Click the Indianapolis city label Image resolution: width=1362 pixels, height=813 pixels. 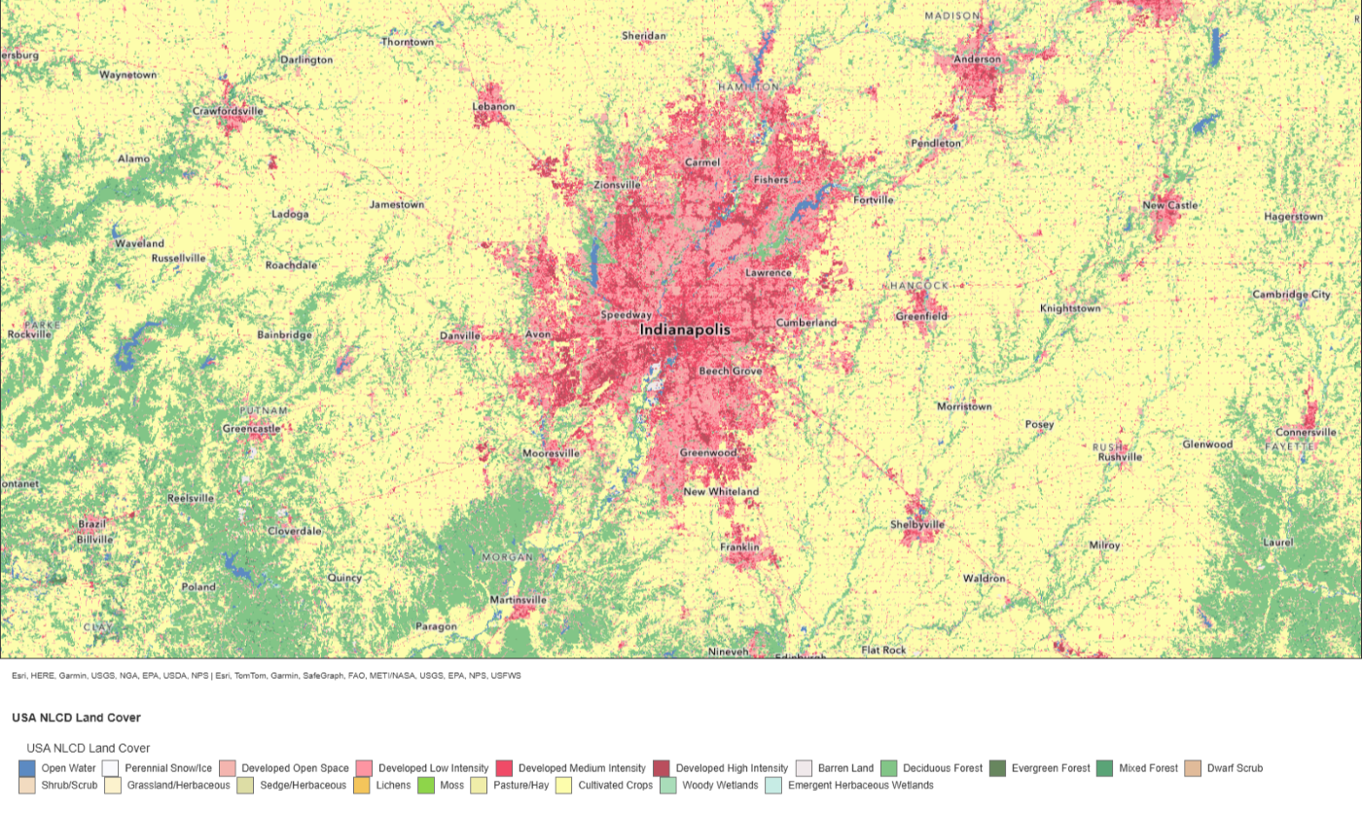pos(684,331)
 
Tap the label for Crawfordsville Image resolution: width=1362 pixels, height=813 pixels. pos(228,112)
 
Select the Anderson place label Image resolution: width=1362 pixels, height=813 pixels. pos(977,59)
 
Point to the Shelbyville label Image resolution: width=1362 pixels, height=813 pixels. pos(917,524)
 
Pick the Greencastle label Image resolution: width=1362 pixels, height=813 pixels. pos(251,429)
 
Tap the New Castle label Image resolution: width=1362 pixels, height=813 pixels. pos(1170,206)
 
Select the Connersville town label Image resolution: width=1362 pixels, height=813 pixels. pos(1307,433)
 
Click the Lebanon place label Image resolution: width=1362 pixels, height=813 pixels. pos(493,106)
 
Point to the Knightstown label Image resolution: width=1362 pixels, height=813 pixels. pos(1070,308)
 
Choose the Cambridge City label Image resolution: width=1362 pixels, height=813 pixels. pos(1291,295)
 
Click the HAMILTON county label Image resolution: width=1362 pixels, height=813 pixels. pos(748,87)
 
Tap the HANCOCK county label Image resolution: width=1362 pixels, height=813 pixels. pos(919,286)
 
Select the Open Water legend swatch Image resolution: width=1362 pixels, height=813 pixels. pos(26,768)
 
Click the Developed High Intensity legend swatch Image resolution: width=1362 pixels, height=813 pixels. pos(662,768)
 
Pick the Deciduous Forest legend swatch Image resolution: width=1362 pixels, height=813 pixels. pos(889,768)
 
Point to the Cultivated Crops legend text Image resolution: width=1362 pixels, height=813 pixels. pos(615,785)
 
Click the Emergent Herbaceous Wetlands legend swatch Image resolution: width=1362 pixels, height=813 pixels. pos(773,785)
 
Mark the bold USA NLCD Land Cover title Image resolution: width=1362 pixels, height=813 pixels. pos(76,718)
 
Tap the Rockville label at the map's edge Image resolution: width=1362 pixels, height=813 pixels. pos(28,335)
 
